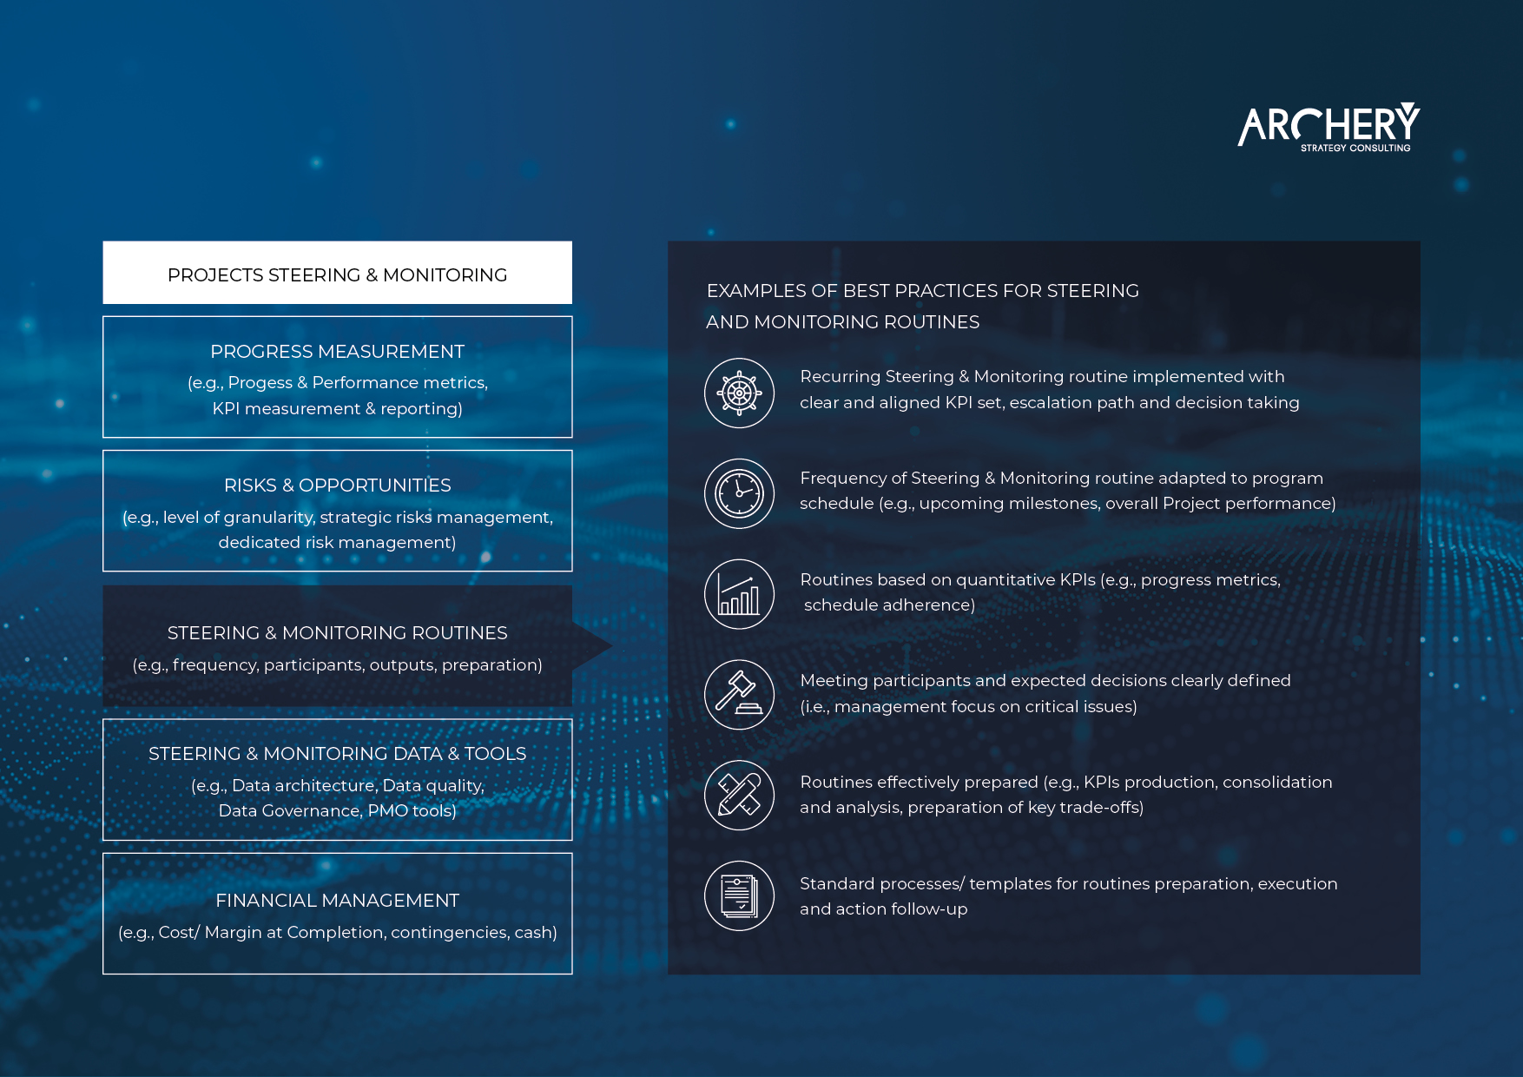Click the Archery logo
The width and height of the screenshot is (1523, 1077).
[x=1329, y=127]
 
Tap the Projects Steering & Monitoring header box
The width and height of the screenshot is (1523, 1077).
[x=338, y=273]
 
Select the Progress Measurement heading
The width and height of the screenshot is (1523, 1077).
[x=338, y=352]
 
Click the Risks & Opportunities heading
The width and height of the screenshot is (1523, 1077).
[x=338, y=486]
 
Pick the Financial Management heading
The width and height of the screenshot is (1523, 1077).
[x=338, y=901]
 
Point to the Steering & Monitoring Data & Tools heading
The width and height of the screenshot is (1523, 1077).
[x=338, y=754]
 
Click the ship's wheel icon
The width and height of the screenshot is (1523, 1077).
[x=739, y=393]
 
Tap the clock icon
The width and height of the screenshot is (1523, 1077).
[x=739, y=493]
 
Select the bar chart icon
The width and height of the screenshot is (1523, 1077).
[x=739, y=594]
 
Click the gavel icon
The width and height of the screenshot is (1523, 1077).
[x=739, y=695]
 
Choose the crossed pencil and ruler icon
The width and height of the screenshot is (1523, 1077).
[x=739, y=795]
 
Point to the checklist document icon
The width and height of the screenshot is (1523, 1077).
[x=739, y=895]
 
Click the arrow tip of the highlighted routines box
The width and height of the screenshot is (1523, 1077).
[x=612, y=645]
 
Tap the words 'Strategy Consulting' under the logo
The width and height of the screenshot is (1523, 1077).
[x=1355, y=149]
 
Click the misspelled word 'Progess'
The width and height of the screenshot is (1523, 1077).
[x=260, y=383]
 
